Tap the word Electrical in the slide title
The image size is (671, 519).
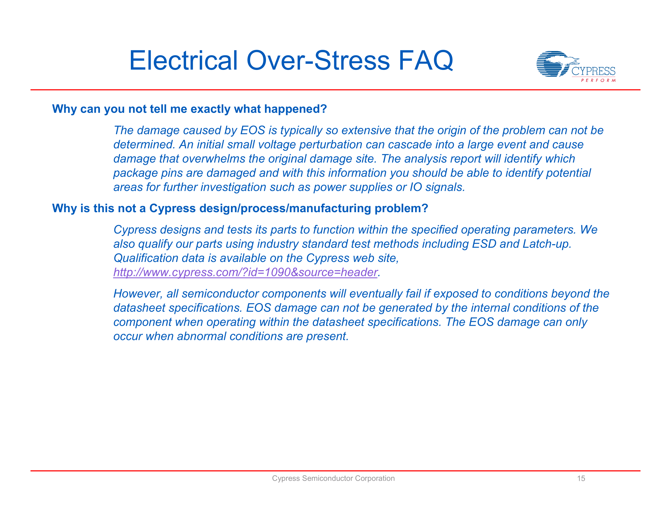tap(183, 60)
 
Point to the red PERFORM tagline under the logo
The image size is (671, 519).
tap(598, 81)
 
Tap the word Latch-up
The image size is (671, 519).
tap(547, 244)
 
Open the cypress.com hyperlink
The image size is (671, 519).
tap(245, 272)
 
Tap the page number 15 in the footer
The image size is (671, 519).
tap(581, 478)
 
